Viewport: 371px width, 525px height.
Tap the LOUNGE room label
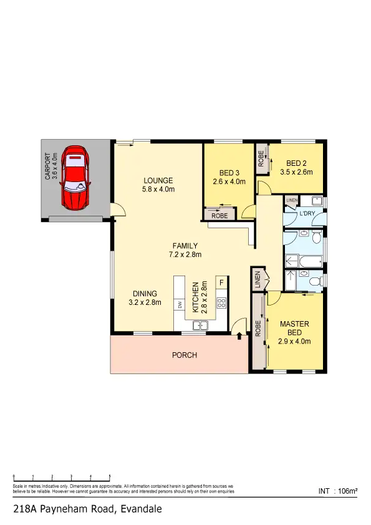click(x=158, y=181)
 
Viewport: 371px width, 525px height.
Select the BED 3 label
click(x=229, y=173)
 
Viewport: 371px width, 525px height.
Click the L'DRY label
click(x=307, y=214)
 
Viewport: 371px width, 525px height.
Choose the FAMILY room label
click(x=185, y=246)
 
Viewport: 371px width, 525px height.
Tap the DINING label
click(x=145, y=294)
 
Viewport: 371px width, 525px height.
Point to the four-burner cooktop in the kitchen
click(x=221, y=303)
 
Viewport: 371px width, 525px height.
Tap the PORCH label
click(x=185, y=355)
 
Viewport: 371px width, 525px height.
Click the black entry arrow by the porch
click(x=240, y=336)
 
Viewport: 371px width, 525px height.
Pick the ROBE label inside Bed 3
click(x=219, y=215)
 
